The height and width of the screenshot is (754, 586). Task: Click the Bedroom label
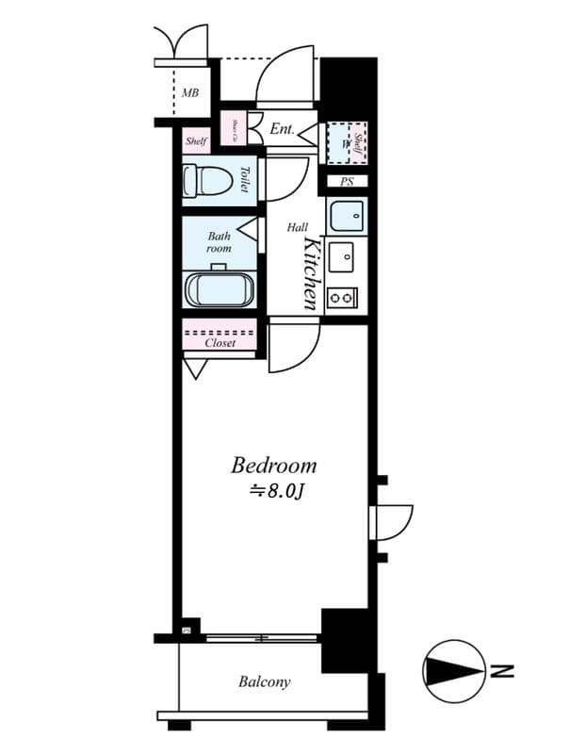click(274, 466)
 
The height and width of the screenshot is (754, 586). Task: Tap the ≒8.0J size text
click(274, 490)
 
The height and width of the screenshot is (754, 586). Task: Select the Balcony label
click(264, 681)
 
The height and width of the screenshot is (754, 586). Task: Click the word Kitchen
click(311, 273)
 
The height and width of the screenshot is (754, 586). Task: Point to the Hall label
click(298, 228)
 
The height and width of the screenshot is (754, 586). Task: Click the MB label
click(190, 93)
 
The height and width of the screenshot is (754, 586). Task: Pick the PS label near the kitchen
click(347, 182)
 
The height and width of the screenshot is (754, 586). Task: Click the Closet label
click(220, 343)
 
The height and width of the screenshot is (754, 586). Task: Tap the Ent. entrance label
click(282, 128)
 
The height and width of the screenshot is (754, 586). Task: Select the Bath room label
click(219, 243)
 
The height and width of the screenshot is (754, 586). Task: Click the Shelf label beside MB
click(196, 141)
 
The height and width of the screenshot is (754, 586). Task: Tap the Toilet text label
click(244, 179)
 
